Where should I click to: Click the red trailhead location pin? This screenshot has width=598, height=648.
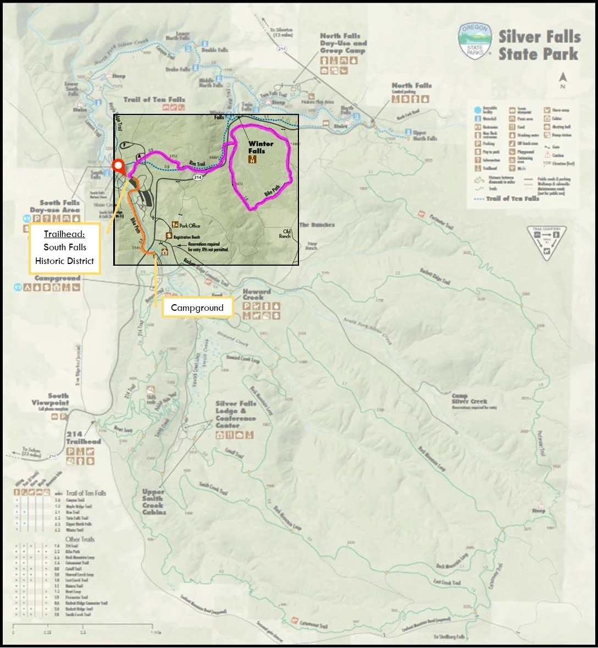coord(118,166)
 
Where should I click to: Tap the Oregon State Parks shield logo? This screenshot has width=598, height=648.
coord(475,41)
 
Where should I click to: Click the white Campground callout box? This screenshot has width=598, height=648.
coord(197,307)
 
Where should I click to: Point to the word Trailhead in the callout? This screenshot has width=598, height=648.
coord(65,234)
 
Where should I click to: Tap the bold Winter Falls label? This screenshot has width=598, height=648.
coord(260,147)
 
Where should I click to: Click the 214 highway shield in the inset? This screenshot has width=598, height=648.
coord(197,177)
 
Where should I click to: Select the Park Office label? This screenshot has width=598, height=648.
coord(190,226)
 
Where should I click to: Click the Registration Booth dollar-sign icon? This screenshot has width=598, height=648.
coord(169,236)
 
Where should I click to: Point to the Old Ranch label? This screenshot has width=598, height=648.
coord(285,233)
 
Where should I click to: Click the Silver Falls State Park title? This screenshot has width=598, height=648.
coord(539,46)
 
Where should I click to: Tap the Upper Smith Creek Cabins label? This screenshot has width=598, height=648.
coord(153,502)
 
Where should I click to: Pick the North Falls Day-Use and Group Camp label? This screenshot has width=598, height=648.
coord(343,43)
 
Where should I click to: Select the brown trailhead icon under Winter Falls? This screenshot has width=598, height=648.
coord(252,160)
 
